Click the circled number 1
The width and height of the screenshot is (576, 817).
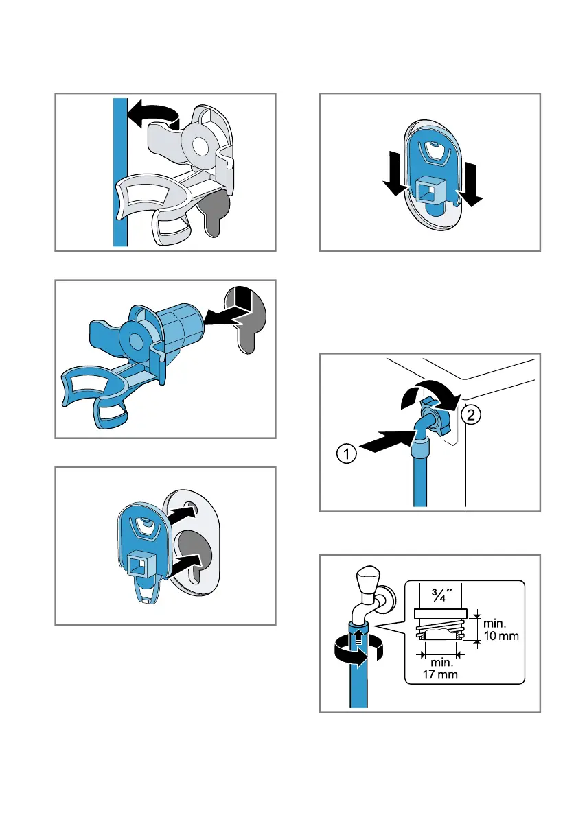[x=347, y=453]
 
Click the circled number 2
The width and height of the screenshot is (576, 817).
[x=471, y=415]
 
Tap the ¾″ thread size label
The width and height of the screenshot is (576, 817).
[x=441, y=595]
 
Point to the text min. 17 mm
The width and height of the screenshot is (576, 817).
[x=441, y=669]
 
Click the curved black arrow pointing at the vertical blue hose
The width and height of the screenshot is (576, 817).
[x=154, y=115]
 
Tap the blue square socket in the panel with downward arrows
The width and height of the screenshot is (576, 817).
[x=430, y=193]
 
